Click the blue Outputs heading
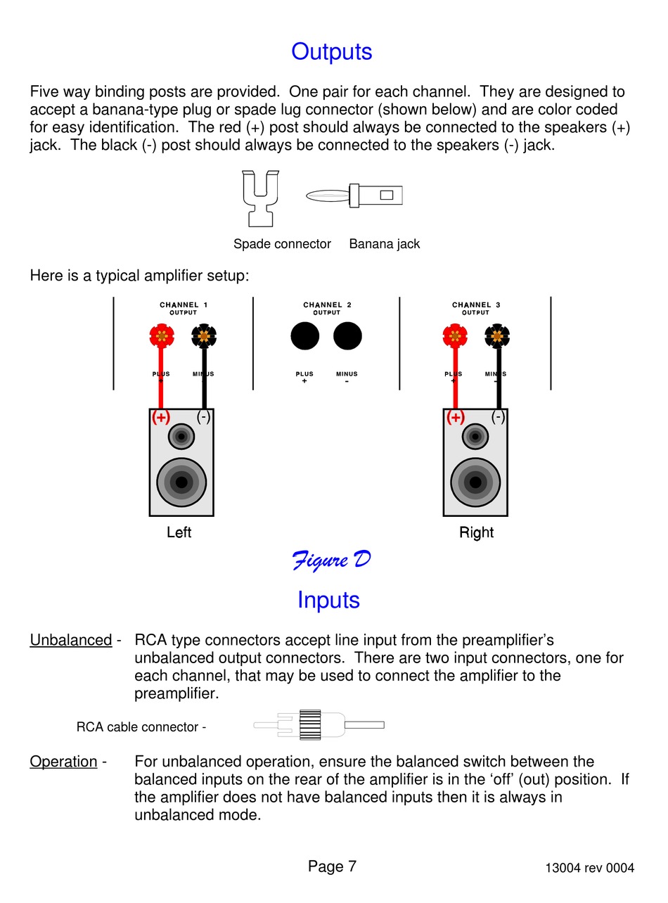click(331, 52)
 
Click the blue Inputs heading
click(328, 600)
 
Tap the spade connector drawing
click(261, 198)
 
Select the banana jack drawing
click(354, 196)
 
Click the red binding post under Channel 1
click(162, 335)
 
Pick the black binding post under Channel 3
click(497, 336)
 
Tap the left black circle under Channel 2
click(305, 336)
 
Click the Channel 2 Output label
click(327, 308)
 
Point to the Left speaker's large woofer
click(181, 482)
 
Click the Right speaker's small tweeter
click(475, 437)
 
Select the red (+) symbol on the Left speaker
click(161, 417)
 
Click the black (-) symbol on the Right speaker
click(498, 417)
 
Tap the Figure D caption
click(331, 561)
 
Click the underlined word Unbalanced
click(71, 640)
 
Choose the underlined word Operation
click(63, 762)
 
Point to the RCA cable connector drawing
click(319, 725)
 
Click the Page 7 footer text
click(332, 866)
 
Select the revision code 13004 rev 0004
click(590, 868)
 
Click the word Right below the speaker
click(476, 532)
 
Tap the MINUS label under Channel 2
click(347, 373)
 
